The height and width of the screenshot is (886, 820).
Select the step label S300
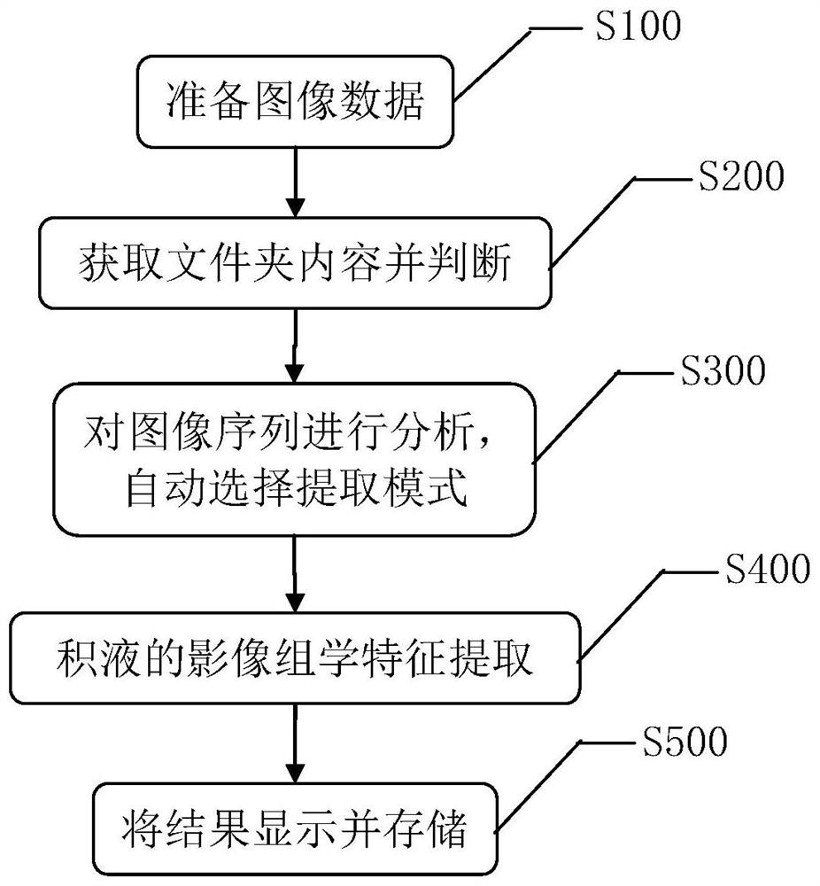[x=723, y=371]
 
